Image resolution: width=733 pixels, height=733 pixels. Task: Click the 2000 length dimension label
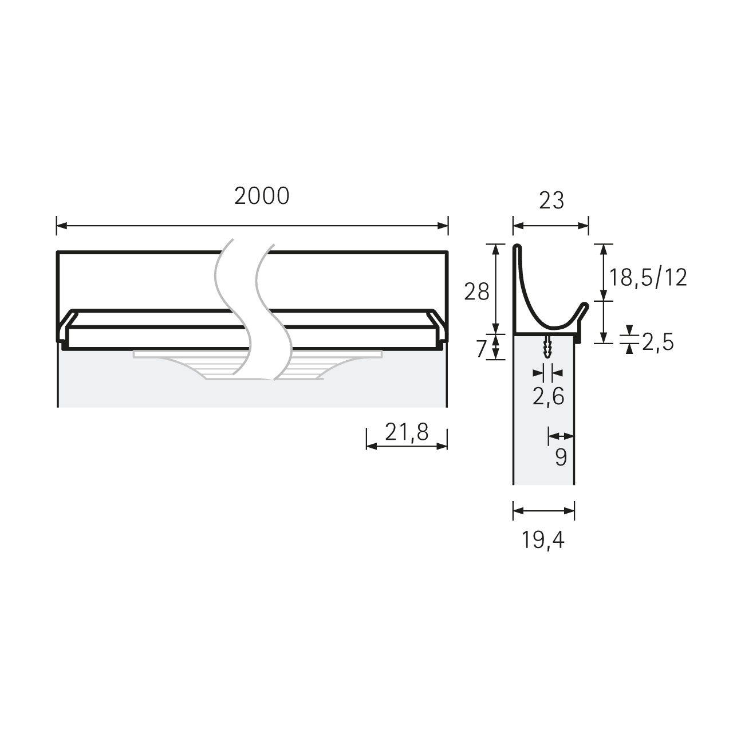tap(262, 196)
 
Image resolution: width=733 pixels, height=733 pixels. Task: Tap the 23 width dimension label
tap(551, 200)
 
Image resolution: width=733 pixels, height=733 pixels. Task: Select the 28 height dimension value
tap(476, 293)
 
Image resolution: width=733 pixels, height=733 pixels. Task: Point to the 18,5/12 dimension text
tap(648, 278)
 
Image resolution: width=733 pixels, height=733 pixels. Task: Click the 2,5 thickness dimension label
tap(658, 342)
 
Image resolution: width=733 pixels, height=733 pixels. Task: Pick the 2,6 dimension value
tap(548, 397)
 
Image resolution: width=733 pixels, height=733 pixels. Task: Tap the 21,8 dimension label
tap(407, 432)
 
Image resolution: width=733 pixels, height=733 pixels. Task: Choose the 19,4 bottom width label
tap(543, 539)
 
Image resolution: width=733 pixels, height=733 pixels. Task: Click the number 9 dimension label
tap(561, 457)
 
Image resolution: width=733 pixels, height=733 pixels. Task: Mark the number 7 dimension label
tap(482, 349)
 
